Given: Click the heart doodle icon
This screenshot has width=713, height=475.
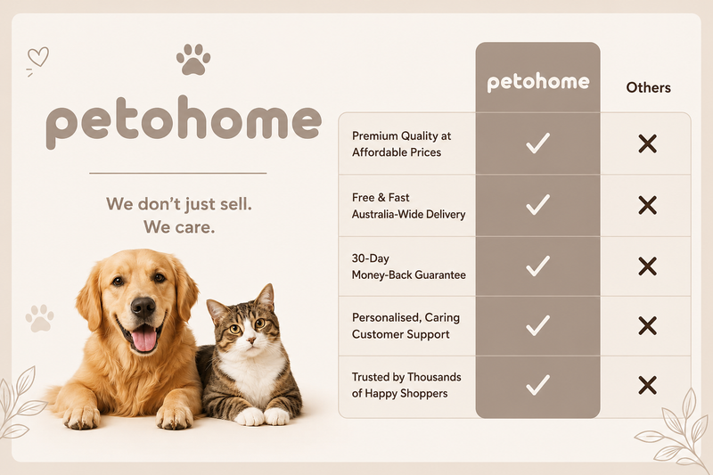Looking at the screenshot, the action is (x=38, y=57).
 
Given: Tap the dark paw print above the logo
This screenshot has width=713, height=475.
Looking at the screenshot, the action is (x=193, y=60).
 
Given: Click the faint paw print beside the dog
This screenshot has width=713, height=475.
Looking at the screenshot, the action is (x=39, y=318).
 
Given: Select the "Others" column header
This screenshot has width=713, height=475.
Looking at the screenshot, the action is (x=649, y=87).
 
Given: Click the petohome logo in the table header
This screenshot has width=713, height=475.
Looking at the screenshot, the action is (x=538, y=82).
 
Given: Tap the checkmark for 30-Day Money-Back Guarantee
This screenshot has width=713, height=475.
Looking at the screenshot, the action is (x=538, y=266).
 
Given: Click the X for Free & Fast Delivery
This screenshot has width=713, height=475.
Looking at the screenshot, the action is (x=648, y=205).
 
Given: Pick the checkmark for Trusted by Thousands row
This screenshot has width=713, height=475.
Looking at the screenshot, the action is (x=538, y=385).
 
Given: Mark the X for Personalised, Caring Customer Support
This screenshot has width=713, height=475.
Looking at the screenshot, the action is (x=648, y=326).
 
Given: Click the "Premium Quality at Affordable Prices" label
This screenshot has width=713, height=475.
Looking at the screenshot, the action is (x=401, y=143).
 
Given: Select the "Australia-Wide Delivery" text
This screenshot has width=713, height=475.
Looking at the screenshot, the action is (x=408, y=214).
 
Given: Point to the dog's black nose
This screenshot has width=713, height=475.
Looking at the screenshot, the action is (x=143, y=307).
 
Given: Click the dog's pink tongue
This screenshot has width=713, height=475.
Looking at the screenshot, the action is (x=143, y=339).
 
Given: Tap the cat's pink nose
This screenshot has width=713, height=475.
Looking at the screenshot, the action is (x=250, y=340).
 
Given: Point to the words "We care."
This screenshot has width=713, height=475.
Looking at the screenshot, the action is (x=179, y=227).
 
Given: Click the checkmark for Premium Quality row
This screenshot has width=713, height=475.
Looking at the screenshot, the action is (x=538, y=143).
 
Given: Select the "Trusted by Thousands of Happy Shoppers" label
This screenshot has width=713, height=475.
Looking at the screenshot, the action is (x=406, y=385).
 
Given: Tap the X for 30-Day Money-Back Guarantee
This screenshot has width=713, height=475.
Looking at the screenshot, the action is (x=648, y=266).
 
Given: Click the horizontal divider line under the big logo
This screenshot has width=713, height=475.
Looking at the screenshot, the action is (x=177, y=173).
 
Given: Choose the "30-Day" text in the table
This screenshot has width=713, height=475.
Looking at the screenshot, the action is (x=370, y=258).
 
